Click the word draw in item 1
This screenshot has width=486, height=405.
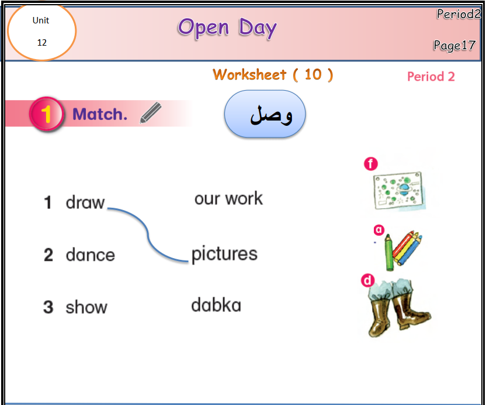(x=85, y=203)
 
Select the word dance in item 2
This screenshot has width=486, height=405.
(x=90, y=255)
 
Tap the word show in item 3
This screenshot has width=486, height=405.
(x=86, y=307)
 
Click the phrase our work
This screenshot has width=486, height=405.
(x=228, y=198)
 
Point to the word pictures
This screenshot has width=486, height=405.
(x=224, y=254)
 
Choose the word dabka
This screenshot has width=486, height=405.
(x=216, y=305)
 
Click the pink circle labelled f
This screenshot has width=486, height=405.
(x=371, y=164)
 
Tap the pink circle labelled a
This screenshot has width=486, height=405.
(x=379, y=230)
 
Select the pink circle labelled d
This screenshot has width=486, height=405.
(x=367, y=280)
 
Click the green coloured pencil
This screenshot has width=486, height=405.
(x=389, y=253)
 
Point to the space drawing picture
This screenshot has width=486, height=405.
(x=399, y=190)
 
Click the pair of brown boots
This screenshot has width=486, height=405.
(x=398, y=307)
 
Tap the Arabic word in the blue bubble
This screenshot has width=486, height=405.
(x=271, y=115)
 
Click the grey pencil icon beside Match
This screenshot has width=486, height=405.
(x=151, y=113)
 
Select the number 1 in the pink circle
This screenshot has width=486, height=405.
(x=46, y=114)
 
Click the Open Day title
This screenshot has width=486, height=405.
(x=227, y=28)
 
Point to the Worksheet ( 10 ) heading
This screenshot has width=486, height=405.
(x=273, y=75)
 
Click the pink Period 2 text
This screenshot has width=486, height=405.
(x=431, y=77)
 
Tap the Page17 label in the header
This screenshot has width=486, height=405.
(x=454, y=45)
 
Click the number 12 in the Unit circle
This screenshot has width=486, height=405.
(x=42, y=43)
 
